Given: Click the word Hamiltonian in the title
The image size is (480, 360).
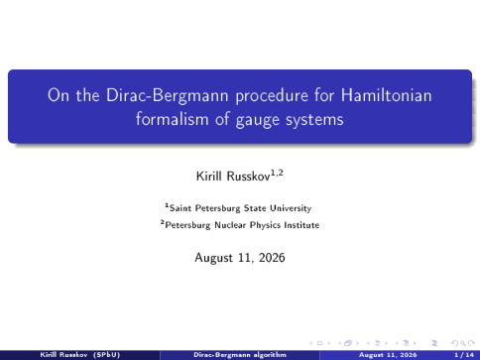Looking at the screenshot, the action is coord(386,95).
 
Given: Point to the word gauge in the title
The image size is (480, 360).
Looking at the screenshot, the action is coord(258,120).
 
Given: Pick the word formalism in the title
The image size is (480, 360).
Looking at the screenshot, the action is coord(173,118).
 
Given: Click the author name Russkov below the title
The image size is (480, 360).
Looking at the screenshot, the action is coord(248,177).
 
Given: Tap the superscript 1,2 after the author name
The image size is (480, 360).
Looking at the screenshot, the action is coord(277,173).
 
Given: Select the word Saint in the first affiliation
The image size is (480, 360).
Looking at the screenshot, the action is coord(180,208).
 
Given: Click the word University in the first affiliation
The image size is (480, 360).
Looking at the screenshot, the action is coord(291,209).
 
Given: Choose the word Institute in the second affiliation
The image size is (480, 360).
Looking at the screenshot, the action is coord(302,225).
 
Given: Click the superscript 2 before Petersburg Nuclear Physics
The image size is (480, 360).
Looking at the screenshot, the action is coord(163,222).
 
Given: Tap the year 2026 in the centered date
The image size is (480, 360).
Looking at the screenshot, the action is coord(272,258).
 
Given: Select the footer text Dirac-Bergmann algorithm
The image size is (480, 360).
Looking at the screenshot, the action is coord(240,355).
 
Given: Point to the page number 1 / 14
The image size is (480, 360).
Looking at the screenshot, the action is coord(464,355).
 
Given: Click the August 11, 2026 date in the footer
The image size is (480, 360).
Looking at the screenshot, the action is coord(388,355).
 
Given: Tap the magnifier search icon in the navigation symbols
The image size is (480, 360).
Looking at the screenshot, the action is coord(463,343).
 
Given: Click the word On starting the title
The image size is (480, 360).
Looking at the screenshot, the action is coord(57,95).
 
